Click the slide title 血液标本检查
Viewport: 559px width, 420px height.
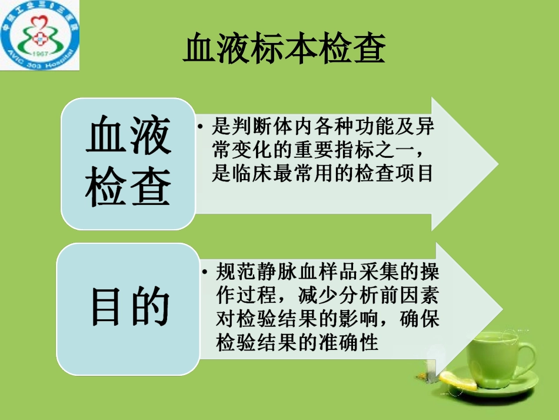tap(284, 49)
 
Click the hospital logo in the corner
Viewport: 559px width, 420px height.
tap(40, 35)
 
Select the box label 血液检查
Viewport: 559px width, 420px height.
tap(128, 162)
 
